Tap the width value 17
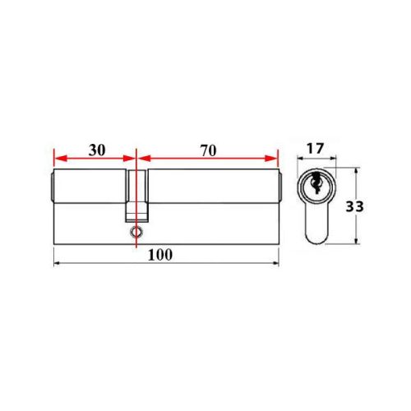click(x=315, y=149)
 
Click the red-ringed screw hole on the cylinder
click(x=134, y=233)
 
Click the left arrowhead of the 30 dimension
click(x=57, y=159)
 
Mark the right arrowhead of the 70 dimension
click(x=274, y=159)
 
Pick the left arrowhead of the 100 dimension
click(x=56, y=263)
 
